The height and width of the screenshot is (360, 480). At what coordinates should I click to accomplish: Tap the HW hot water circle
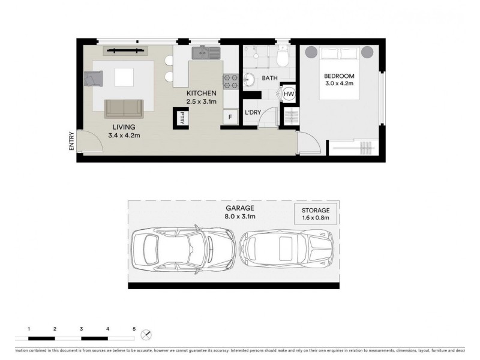click(x=289, y=94)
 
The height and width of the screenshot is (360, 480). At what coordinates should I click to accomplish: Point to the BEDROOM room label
click(x=340, y=76)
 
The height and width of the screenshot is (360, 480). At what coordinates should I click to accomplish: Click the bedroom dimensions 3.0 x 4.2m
click(x=340, y=84)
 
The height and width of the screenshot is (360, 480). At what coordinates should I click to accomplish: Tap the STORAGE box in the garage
click(x=315, y=214)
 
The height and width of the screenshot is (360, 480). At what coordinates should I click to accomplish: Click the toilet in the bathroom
click(x=284, y=58)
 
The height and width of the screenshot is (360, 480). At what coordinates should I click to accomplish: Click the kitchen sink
click(x=206, y=53)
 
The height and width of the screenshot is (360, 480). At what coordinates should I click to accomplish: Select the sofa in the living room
click(x=124, y=109)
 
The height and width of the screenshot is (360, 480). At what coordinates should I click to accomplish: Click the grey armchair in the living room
click(x=94, y=79)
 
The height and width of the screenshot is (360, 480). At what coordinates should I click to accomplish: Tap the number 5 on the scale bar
click(x=134, y=329)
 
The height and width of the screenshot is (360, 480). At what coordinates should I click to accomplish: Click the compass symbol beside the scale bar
click(x=147, y=334)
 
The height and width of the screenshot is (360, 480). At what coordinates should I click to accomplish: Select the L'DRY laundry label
click(x=252, y=112)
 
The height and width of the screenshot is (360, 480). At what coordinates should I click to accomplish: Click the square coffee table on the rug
click(x=125, y=77)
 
